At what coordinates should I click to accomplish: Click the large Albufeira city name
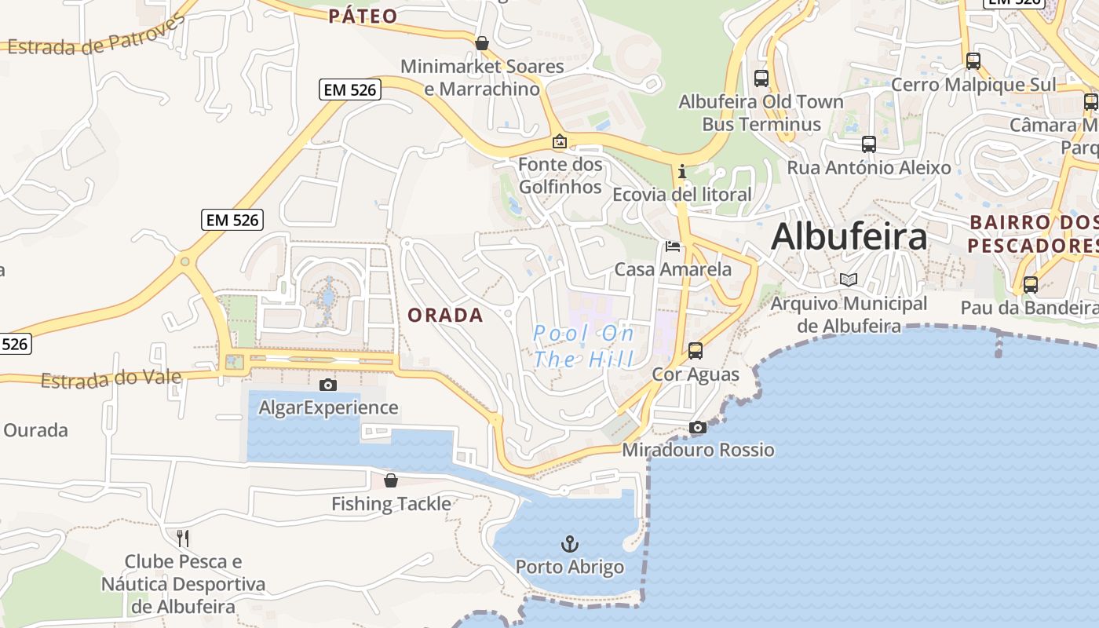(849, 236)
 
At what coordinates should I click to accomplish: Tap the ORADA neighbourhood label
(445, 316)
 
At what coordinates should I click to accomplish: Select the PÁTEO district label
(363, 16)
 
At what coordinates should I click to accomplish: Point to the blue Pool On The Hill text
(583, 346)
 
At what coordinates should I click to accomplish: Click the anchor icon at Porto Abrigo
(570, 543)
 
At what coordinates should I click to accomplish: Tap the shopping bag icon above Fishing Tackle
(391, 480)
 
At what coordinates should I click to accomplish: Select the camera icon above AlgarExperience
(328, 385)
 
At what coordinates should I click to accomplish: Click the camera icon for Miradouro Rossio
(697, 427)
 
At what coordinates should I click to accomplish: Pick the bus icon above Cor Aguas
(696, 350)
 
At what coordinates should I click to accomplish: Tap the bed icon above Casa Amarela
(673, 246)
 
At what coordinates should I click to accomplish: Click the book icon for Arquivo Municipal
(849, 279)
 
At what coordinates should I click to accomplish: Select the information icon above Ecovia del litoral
(681, 170)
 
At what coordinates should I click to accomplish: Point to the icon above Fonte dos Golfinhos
(560, 141)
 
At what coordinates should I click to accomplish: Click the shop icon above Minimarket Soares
(482, 42)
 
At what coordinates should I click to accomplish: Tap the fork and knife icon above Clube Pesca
(183, 538)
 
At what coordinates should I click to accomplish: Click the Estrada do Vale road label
(111, 379)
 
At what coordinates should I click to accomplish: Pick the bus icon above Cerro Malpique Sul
(973, 60)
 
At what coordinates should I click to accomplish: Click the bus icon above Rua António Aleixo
(868, 144)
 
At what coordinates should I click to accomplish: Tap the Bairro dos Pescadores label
(1032, 234)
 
